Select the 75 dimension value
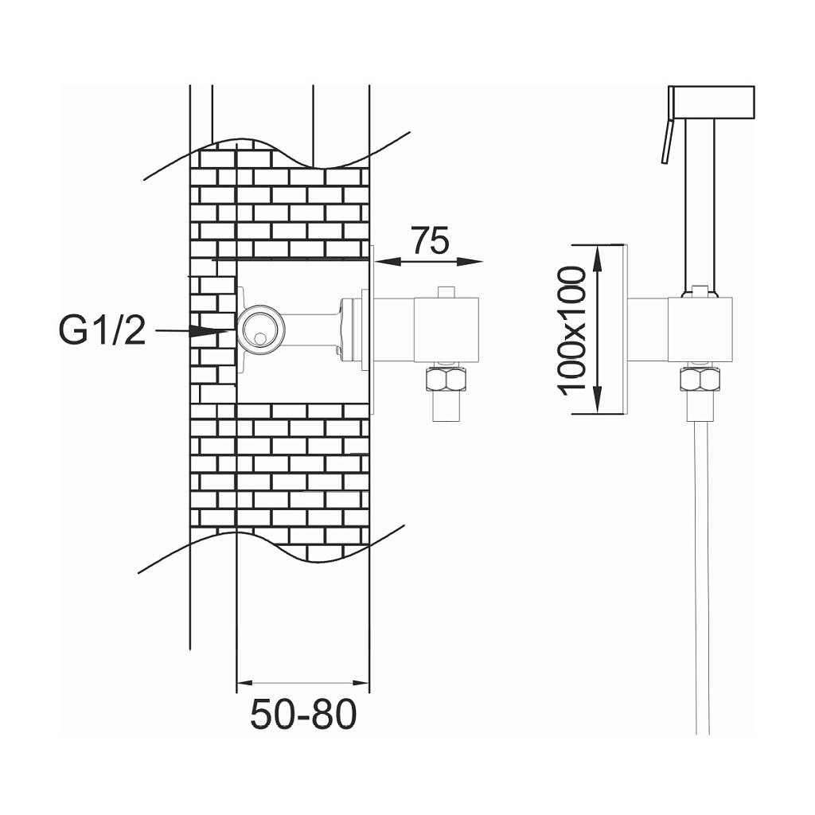430,240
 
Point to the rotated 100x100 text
571,330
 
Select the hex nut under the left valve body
447,380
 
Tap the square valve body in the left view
446,330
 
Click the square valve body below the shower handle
700,330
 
